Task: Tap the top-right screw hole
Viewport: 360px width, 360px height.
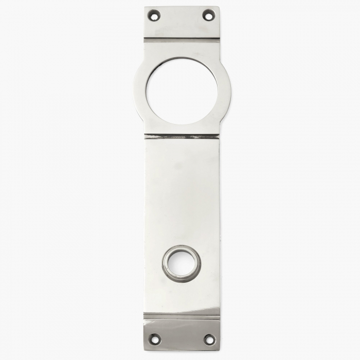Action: pos(208,15)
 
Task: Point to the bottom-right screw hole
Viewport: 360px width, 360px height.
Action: pos(209,339)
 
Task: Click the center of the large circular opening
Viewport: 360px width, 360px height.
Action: pos(182,91)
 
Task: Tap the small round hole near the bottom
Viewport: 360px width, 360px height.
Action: pos(182,264)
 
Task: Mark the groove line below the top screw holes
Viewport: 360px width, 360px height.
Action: pos(182,39)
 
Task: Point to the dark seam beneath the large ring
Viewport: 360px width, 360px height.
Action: pos(182,137)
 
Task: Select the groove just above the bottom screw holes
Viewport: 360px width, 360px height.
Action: pos(182,316)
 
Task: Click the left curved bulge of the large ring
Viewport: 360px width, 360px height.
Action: pos(139,91)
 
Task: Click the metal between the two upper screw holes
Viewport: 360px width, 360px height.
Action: pos(181,16)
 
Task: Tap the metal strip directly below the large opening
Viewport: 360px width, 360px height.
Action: pos(182,129)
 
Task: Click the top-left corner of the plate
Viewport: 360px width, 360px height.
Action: pos(146,8)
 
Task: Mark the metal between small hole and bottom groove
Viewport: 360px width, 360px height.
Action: pos(182,298)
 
